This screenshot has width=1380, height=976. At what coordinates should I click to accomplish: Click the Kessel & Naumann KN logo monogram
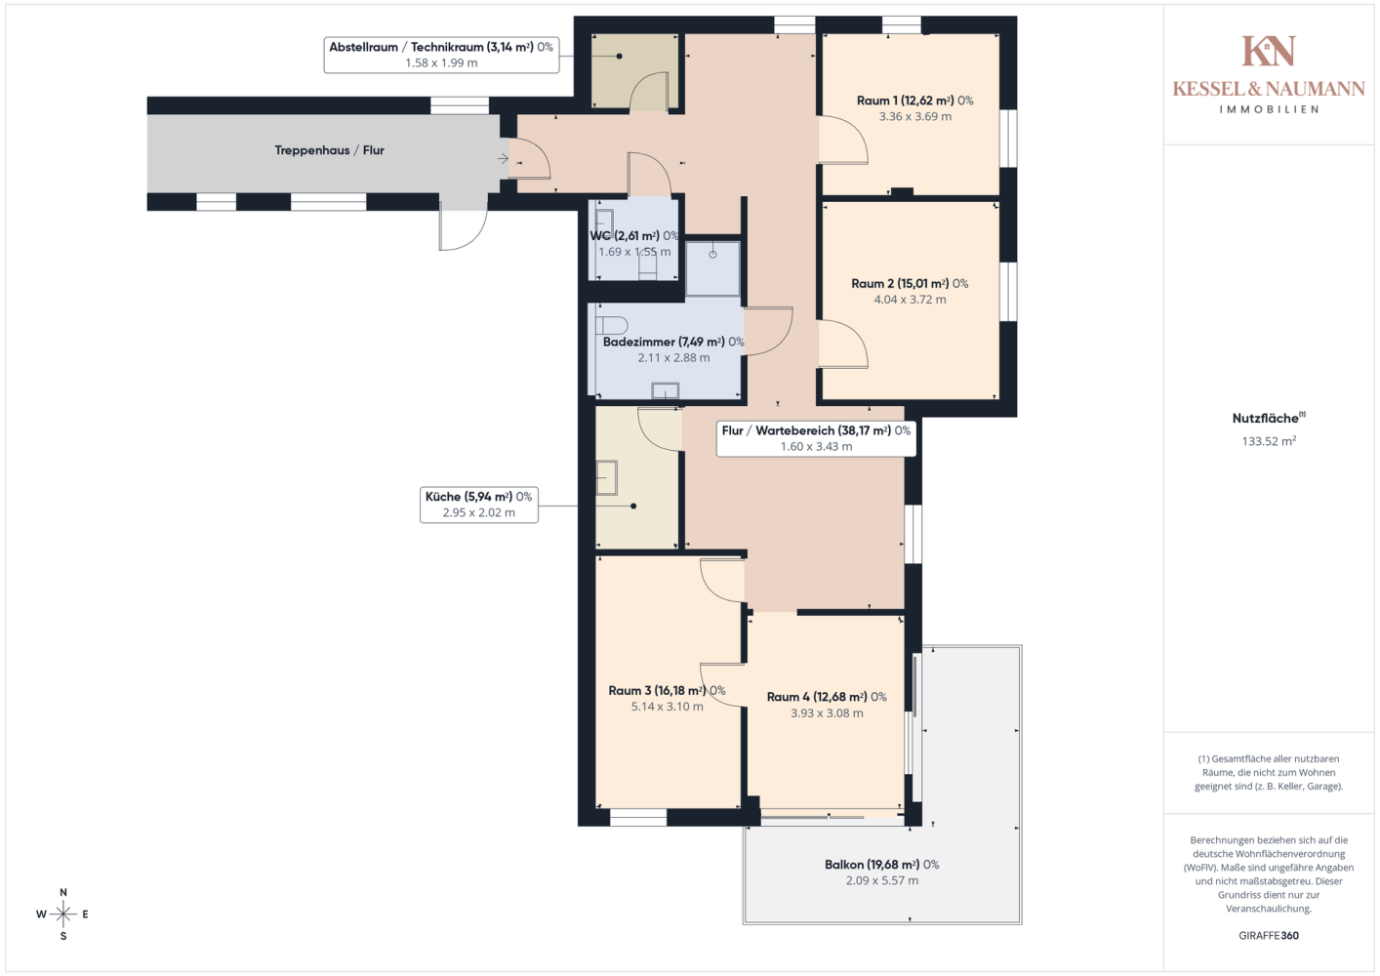point(1269,51)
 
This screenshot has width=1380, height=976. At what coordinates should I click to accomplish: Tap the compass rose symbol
point(62,914)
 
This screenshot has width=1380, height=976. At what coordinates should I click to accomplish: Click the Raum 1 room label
point(914,101)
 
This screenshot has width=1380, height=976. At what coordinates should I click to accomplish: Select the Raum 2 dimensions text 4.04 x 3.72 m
point(910,300)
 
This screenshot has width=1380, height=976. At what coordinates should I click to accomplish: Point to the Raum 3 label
point(667,691)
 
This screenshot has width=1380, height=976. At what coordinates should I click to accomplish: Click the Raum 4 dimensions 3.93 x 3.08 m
point(827,712)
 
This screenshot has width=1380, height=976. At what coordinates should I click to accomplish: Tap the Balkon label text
point(881,865)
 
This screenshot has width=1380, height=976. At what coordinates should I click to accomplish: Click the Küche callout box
point(478,505)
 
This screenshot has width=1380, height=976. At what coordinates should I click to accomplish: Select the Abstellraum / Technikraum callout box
point(441,55)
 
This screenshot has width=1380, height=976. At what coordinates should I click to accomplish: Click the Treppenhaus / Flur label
point(329,150)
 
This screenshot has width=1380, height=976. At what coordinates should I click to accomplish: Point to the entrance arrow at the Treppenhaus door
point(503,158)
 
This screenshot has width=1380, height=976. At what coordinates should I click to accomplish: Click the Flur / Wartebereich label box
point(816,438)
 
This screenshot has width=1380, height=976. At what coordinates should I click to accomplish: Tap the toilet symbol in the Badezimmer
point(611,325)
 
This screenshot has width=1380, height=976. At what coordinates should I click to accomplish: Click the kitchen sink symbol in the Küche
point(606,477)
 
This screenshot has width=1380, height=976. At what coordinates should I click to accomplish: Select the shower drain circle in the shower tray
point(712,254)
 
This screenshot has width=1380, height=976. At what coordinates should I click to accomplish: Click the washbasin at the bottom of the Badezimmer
point(666,390)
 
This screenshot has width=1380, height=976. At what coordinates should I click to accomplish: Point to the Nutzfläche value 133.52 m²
point(1269,441)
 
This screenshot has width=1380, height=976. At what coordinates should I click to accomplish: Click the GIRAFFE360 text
point(1269,935)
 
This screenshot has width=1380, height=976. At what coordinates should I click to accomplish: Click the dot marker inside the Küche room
point(633,506)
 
